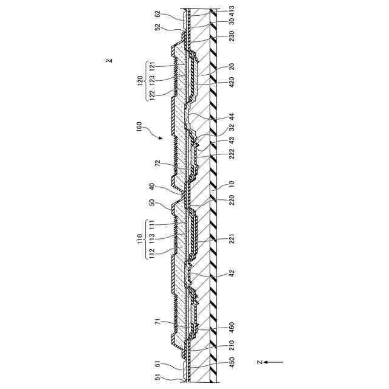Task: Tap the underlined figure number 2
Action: click(x=108, y=60)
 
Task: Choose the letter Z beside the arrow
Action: click(x=260, y=362)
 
